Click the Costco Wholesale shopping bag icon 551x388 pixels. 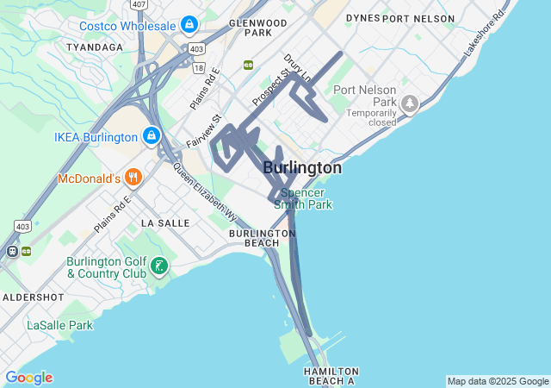[189, 25]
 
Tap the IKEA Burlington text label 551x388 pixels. [95, 137]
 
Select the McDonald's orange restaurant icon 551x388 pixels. [133, 178]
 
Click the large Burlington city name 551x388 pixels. [302, 167]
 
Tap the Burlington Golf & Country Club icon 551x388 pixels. [158, 266]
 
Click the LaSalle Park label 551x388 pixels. [59, 325]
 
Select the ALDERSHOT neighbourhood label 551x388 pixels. [34, 297]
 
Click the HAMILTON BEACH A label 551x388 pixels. [330, 375]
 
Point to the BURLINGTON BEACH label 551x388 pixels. [263, 238]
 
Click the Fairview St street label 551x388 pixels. [204, 131]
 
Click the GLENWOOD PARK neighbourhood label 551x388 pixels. [257, 27]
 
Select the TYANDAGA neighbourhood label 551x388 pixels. [95, 47]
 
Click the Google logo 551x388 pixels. [28, 378]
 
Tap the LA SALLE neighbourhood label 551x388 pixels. [164, 222]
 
